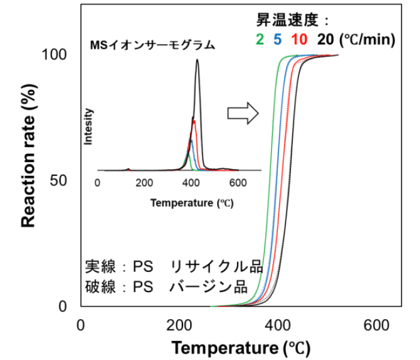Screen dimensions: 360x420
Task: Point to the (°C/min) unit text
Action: click(367, 40)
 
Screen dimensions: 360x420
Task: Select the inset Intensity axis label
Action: click(89, 127)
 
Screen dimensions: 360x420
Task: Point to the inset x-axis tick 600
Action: click(238, 183)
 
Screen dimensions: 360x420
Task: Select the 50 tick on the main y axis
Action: click(59, 181)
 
